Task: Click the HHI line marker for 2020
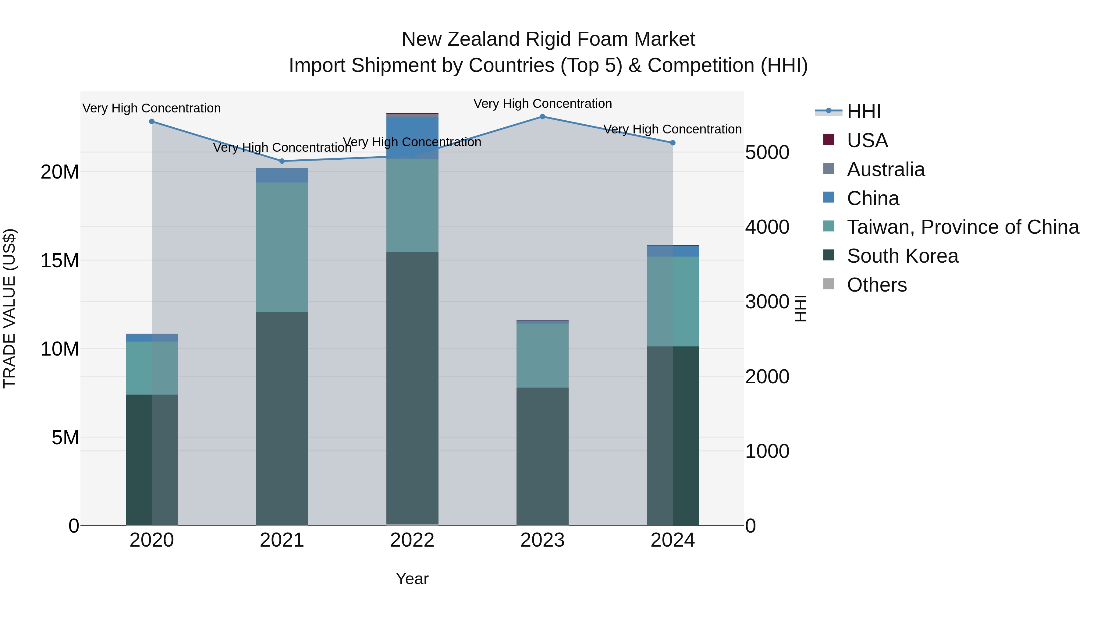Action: (x=152, y=121)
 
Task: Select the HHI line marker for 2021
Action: (x=282, y=161)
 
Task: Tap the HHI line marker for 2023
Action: (x=542, y=116)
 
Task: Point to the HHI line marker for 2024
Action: (x=673, y=143)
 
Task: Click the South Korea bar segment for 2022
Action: (x=412, y=388)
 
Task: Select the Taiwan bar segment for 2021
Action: (x=282, y=247)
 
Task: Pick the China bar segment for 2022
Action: (x=412, y=137)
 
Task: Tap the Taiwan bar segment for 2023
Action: (x=542, y=355)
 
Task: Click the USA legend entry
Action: (x=867, y=140)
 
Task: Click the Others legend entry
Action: (x=876, y=285)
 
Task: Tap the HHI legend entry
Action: (x=864, y=112)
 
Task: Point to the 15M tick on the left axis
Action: (x=60, y=261)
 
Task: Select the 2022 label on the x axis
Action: (x=412, y=540)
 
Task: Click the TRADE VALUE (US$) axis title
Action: (x=9, y=308)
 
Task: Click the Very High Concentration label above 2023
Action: (x=542, y=104)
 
